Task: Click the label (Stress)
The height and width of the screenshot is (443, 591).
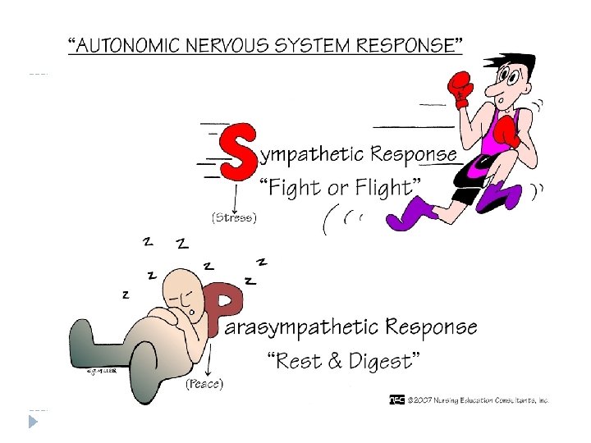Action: point(235,218)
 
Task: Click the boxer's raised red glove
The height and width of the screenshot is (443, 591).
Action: point(460,86)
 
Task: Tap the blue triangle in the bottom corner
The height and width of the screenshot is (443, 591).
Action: point(33,422)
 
